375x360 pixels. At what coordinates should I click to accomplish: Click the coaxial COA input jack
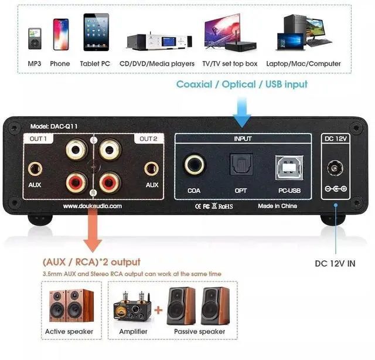click(x=195, y=165)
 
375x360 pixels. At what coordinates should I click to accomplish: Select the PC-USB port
click(x=289, y=166)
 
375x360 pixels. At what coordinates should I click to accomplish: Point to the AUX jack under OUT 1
click(x=36, y=169)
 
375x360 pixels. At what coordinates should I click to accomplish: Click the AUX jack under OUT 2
click(x=152, y=169)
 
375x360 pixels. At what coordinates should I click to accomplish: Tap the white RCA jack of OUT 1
click(x=77, y=150)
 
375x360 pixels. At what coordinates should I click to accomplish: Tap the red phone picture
click(x=60, y=35)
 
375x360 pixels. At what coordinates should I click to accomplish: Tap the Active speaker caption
click(x=69, y=332)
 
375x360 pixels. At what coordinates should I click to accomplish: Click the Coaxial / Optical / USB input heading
click(x=242, y=84)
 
